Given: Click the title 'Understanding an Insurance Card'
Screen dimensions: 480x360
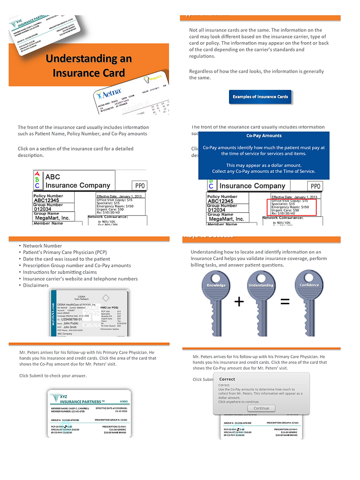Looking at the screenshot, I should [89, 66].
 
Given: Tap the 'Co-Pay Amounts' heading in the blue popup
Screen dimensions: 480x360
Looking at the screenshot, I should [264, 136].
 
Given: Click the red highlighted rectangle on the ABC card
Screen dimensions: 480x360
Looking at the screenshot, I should [291, 207].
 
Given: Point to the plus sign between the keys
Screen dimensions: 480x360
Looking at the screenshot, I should [239, 302].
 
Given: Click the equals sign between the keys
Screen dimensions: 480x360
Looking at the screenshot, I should [285, 302].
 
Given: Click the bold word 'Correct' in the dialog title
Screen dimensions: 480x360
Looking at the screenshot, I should [227, 379].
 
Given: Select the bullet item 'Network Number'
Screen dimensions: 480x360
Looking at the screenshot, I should [42, 246].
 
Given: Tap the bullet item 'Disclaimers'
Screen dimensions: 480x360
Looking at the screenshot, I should [36, 285].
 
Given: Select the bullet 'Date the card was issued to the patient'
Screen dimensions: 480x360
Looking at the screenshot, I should [66, 259].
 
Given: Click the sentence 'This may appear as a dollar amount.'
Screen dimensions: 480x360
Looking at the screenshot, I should [264, 165].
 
